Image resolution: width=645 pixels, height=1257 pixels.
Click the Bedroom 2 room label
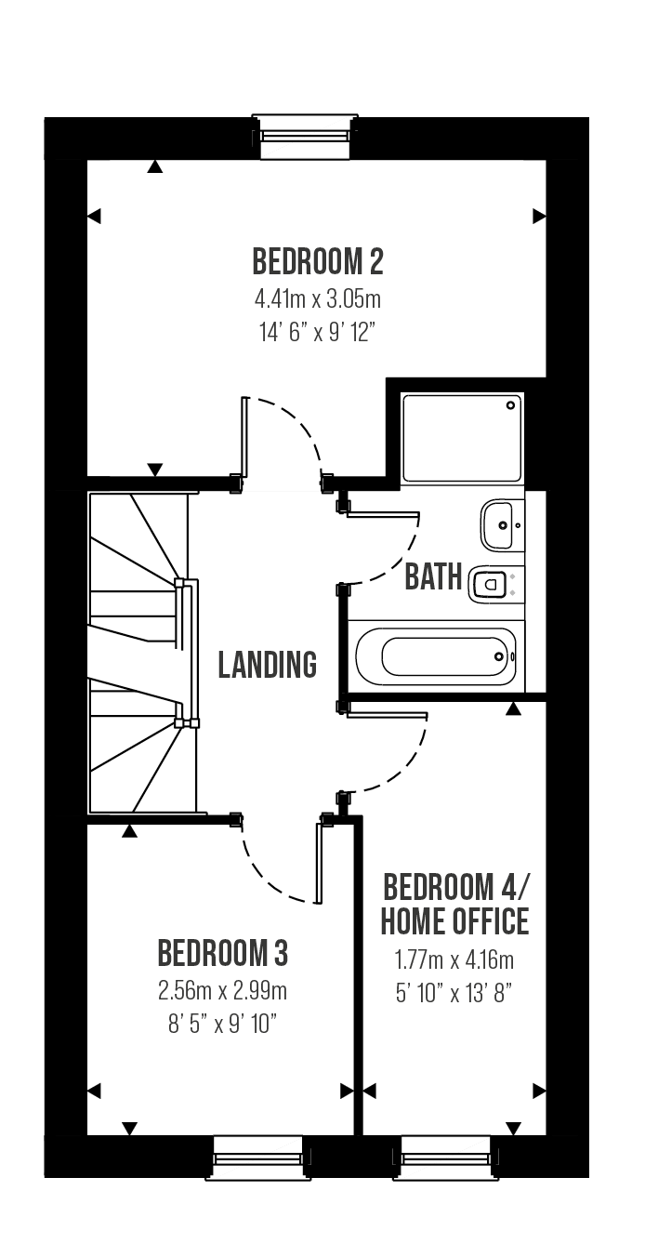tap(318, 261)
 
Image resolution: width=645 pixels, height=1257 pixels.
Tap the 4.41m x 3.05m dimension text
tap(318, 299)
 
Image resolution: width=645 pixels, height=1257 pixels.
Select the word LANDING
tap(267, 665)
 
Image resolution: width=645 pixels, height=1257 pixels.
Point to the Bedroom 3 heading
tap(223, 953)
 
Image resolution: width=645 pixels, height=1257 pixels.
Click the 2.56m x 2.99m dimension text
tap(223, 991)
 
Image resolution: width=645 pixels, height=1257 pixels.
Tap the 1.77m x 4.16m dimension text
tap(454, 960)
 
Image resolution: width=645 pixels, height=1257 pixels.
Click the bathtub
tap(437, 656)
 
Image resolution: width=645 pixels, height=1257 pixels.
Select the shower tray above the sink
tap(463, 438)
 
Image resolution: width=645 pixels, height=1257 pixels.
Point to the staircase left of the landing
tap(143, 653)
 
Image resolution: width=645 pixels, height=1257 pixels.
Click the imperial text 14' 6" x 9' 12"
tap(317, 334)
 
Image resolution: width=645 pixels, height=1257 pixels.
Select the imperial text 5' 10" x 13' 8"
tap(454, 995)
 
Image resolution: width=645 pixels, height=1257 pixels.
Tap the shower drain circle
tap(511, 405)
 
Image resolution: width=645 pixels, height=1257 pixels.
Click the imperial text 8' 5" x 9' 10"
tap(223, 1025)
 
